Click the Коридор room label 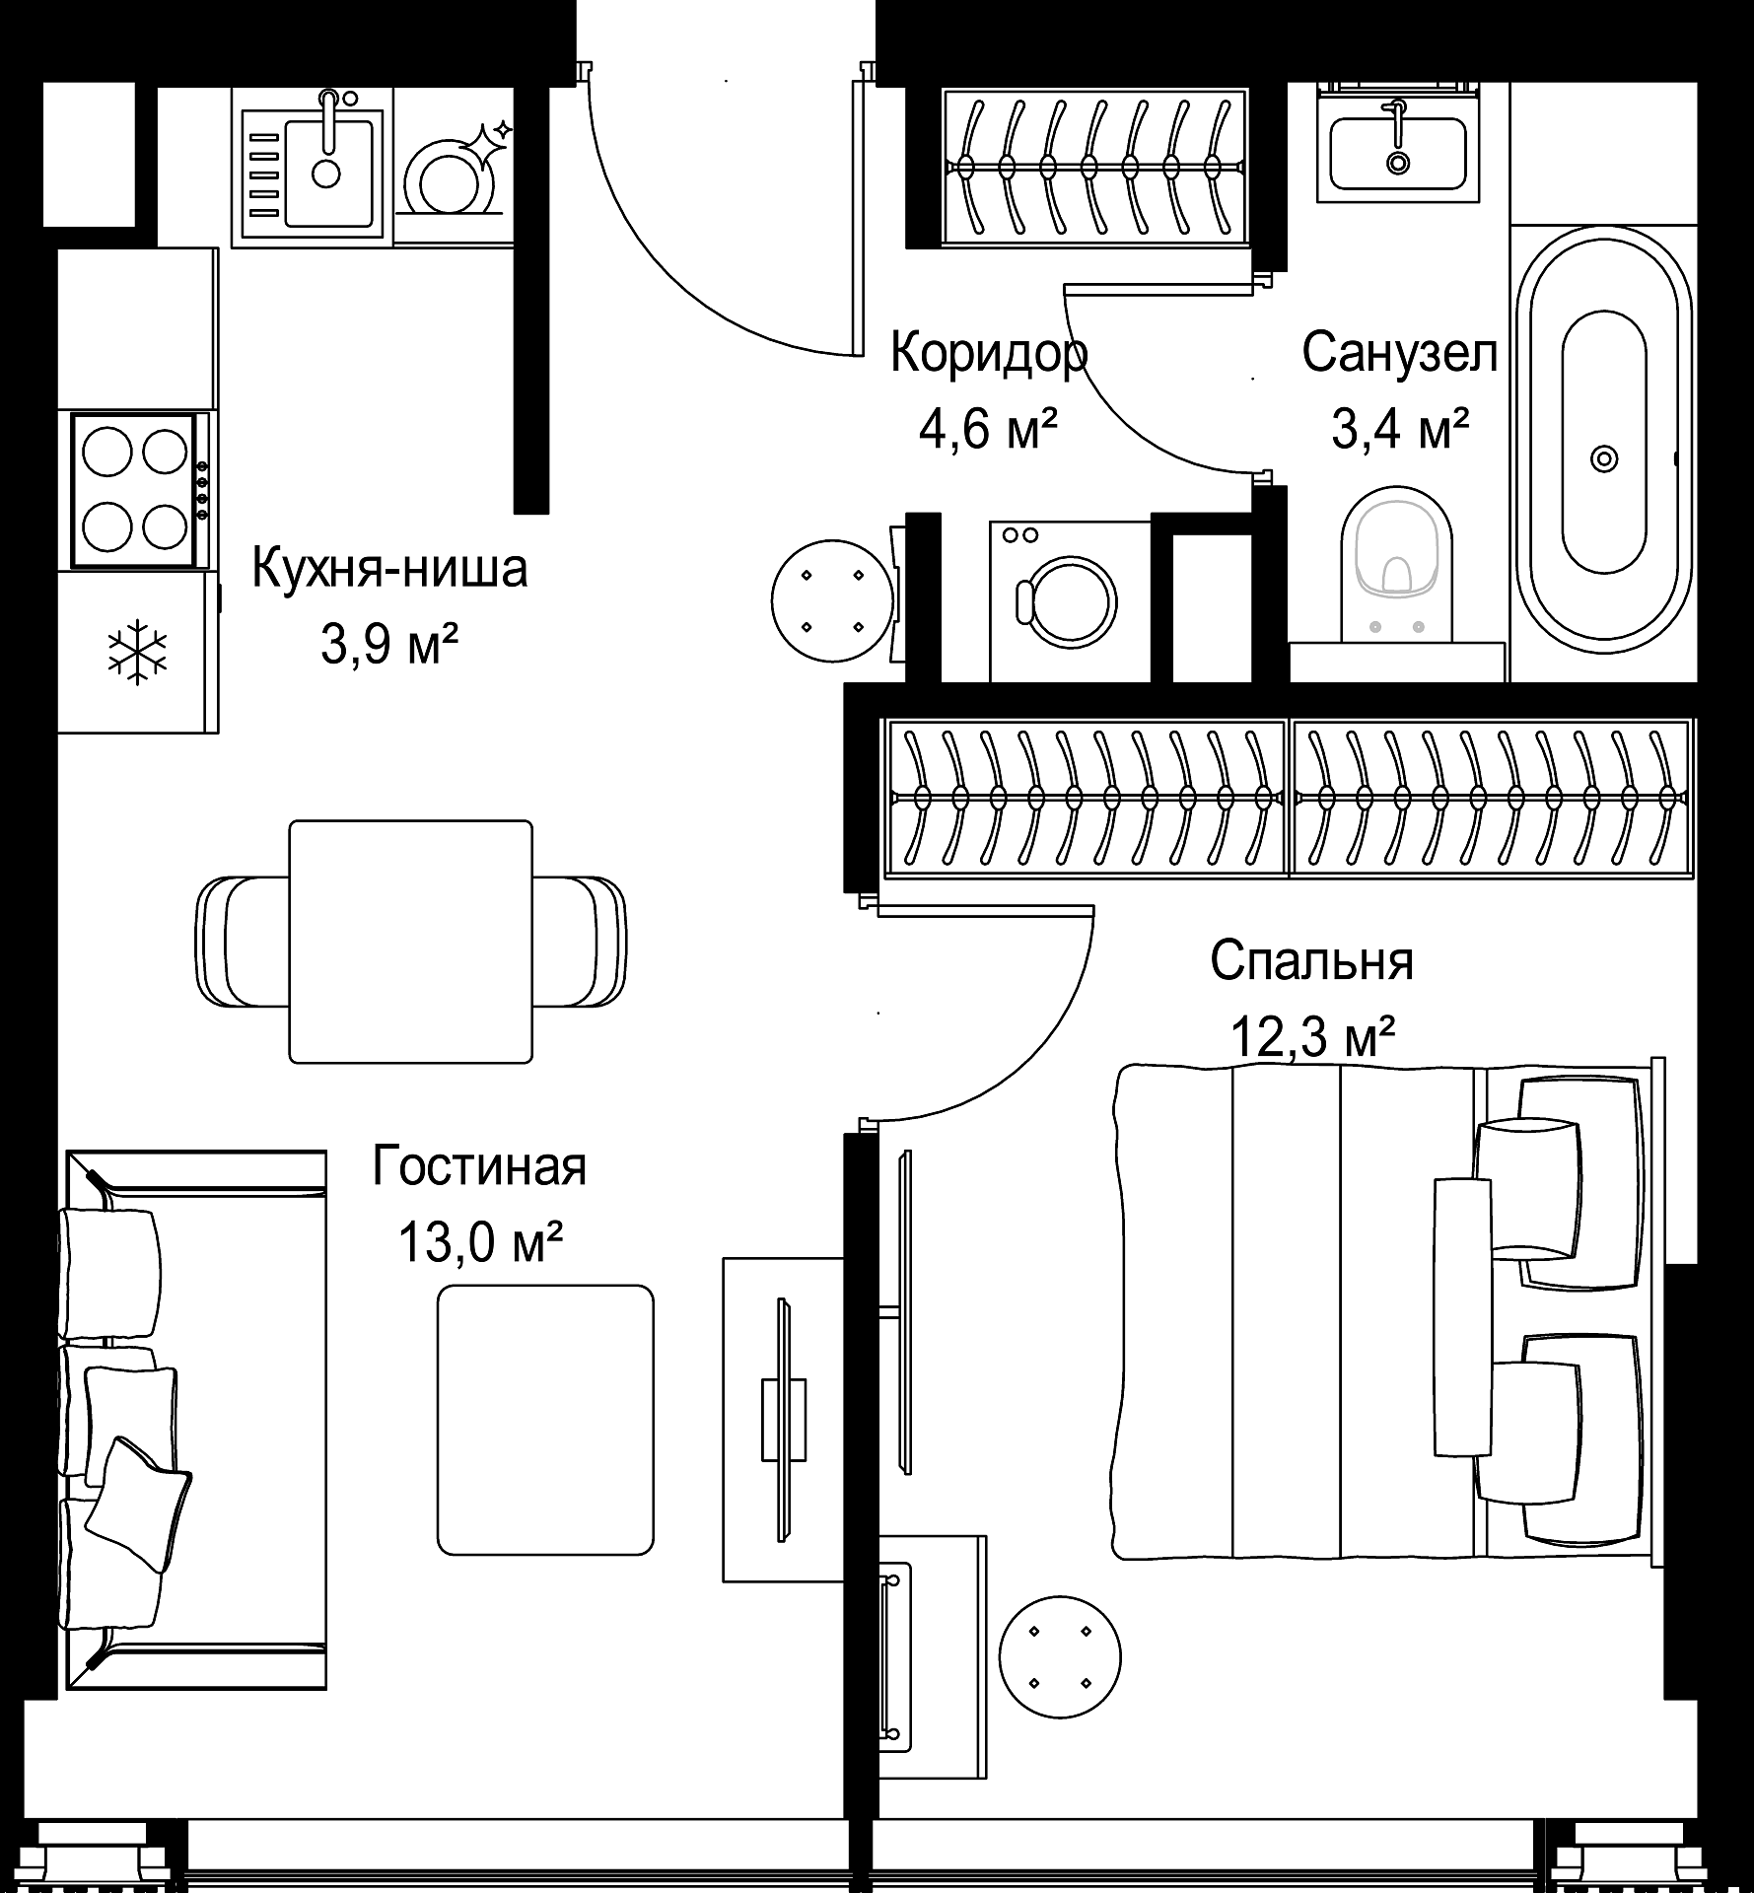click(989, 354)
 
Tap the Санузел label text click(1400, 354)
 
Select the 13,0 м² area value click(480, 1243)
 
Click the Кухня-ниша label click(389, 569)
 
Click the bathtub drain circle click(1604, 459)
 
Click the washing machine click(1070, 600)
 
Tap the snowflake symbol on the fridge click(137, 652)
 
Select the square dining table click(410, 942)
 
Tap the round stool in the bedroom click(1060, 1657)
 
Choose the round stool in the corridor click(832, 600)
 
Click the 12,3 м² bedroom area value click(1312, 1038)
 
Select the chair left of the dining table click(243, 942)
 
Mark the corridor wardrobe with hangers click(1095, 166)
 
